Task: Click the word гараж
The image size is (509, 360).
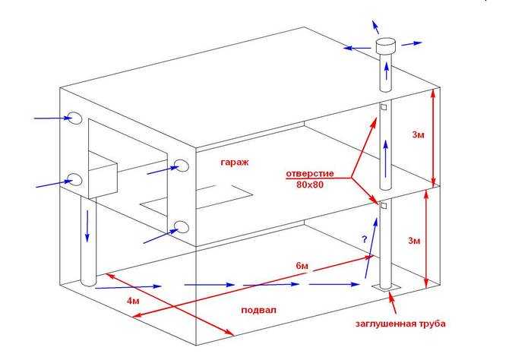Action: pyautogui.click(x=235, y=162)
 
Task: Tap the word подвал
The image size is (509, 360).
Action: pyautogui.click(x=259, y=310)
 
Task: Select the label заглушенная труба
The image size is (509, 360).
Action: pyautogui.click(x=400, y=324)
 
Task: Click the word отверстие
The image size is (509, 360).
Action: pyautogui.click(x=310, y=174)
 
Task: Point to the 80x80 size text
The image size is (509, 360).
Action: pyautogui.click(x=310, y=185)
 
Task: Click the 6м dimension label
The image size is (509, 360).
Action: pyautogui.click(x=302, y=266)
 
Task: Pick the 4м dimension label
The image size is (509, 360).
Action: pyautogui.click(x=133, y=301)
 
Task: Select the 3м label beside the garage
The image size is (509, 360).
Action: pyautogui.click(x=418, y=134)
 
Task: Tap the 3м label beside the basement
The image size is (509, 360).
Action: pyautogui.click(x=414, y=241)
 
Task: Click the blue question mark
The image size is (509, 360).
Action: pyautogui.click(x=365, y=239)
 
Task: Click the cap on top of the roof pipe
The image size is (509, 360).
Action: pyautogui.click(x=386, y=46)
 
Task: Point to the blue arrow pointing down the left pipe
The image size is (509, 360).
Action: pyautogui.click(x=87, y=226)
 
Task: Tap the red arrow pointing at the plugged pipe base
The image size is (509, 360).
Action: pyautogui.click(x=393, y=303)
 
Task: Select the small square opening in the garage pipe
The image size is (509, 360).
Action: pyautogui.click(x=384, y=107)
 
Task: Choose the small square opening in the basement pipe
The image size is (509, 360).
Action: pyautogui.click(x=384, y=206)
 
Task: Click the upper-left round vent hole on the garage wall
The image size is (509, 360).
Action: pyautogui.click(x=75, y=118)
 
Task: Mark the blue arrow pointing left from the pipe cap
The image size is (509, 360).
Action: pyautogui.click(x=357, y=48)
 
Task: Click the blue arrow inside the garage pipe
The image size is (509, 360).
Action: pyautogui.click(x=386, y=158)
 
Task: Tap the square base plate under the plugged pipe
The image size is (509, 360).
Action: pyautogui.click(x=386, y=288)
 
